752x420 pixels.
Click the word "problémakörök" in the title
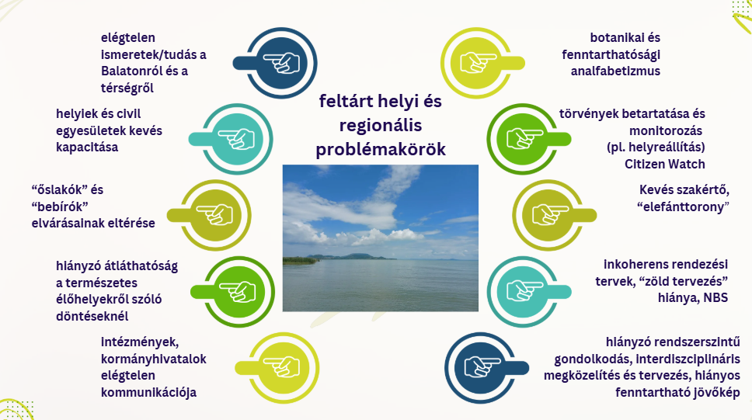(381, 150)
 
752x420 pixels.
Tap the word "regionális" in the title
(381, 126)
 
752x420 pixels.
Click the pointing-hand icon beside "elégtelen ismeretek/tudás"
(281, 63)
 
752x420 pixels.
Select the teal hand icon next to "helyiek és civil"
(237, 139)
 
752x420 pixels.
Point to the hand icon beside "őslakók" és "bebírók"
(215, 215)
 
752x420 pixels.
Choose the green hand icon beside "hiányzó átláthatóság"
(238, 291)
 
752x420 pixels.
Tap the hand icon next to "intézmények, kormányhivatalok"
(283, 368)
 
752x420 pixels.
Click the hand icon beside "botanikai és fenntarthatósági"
(477, 63)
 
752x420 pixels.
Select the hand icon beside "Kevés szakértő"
(549, 215)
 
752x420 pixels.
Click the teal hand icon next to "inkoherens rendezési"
(524, 291)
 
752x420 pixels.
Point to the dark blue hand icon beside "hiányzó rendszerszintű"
(482, 368)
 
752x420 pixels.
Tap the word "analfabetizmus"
(615, 71)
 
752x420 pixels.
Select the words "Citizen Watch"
(665, 164)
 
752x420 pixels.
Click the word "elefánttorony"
(684, 207)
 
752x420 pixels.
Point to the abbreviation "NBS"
(715, 298)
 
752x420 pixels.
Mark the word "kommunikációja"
(148, 393)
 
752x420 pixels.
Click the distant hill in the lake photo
(350, 256)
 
